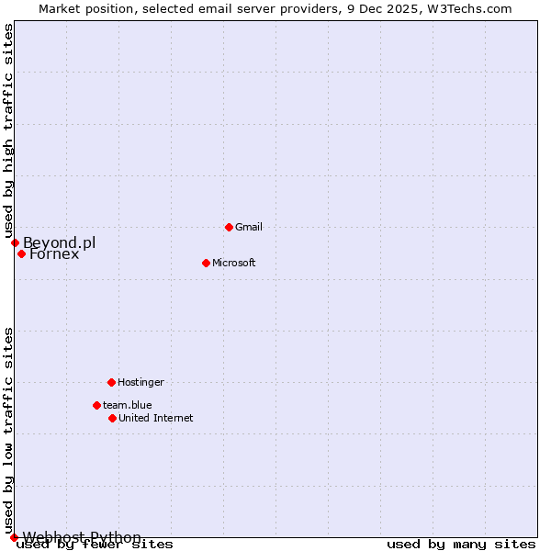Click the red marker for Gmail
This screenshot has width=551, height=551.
tap(229, 227)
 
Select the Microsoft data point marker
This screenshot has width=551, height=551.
tap(206, 263)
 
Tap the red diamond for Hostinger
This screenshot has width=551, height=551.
tap(111, 382)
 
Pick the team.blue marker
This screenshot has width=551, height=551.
tap(96, 405)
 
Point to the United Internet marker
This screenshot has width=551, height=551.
tap(112, 418)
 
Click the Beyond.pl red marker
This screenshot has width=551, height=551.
tap(15, 242)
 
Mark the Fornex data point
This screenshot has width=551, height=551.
tap(21, 253)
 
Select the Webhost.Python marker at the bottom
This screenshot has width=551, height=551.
tap(14, 537)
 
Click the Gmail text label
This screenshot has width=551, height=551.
tap(249, 227)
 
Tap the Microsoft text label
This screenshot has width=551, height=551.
tap(234, 263)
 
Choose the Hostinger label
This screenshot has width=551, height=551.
tap(141, 382)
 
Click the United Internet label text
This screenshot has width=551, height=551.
tap(156, 418)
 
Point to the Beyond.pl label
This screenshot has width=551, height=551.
tap(59, 242)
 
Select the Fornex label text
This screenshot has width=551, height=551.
tap(54, 254)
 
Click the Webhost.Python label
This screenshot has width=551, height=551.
tap(82, 537)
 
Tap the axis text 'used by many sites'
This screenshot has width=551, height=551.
tap(461, 544)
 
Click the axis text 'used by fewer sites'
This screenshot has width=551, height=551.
tap(95, 544)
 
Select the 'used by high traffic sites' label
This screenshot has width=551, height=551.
tap(9, 130)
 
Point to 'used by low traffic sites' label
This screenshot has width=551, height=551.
tap(9, 430)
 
